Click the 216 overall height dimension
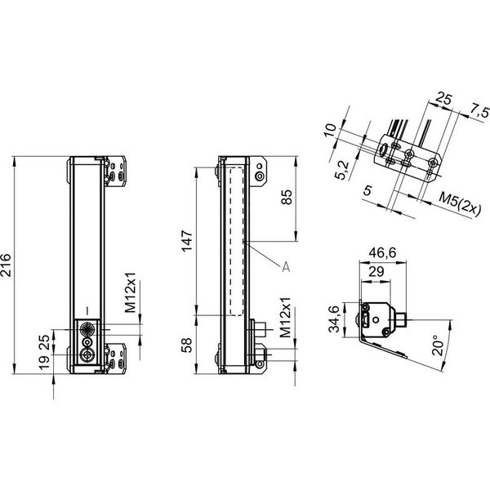6,265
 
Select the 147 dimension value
187,241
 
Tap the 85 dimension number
287,197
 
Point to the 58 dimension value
187,345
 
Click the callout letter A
286,267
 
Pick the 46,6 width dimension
382,252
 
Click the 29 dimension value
376,272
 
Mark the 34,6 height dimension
334,318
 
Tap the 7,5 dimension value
479,112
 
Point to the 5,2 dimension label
341,171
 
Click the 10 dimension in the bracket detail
331,130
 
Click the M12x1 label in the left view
131,292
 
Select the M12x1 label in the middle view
285,317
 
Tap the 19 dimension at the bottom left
44,362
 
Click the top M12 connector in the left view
87,329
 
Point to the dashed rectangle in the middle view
237,241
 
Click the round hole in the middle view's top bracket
260,176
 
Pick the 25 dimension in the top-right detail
443,99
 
